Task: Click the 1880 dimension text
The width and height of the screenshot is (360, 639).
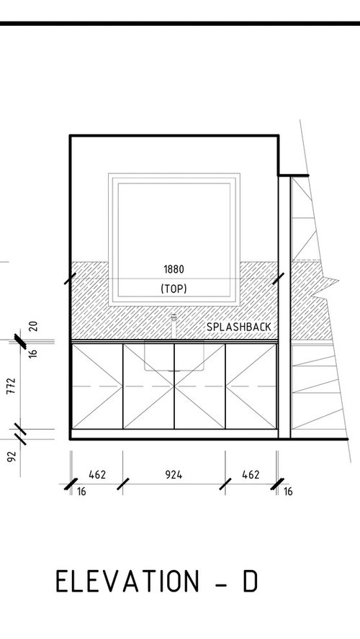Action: pyautogui.click(x=174, y=269)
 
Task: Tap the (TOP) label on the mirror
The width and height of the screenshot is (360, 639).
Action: pyautogui.click(x=174, y=289)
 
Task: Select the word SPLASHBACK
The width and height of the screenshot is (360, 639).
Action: pyautogui.click(x=238, y=327)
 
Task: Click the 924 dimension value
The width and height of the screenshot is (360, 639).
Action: pyautogui.click(x=174, y=475)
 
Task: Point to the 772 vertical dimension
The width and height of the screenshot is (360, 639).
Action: pyautogui.click(x=12, y=386)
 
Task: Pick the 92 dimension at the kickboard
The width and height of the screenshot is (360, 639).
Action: pyautogui.click(x=12, y=456)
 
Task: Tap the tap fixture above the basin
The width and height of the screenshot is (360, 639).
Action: pyautogui.click(x=174, y=326)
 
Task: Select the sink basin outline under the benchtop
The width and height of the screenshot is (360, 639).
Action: pyautogui.click(x=174, y=356)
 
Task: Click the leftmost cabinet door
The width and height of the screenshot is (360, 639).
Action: pyautogui.click(x=97, y=386)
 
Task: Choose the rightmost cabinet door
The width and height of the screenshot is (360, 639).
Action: pyautogui.click(x=251, y=386)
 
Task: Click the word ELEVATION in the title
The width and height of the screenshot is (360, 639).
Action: pyautogui.click(x=127, y=581)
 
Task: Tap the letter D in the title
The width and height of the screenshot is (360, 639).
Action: pyautogui.click(x=251, y=581)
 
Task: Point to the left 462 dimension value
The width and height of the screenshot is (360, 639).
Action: pyautogui.click(x=97, y=475)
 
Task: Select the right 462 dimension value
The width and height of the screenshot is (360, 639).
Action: pyautogui.click(x=251, y=475)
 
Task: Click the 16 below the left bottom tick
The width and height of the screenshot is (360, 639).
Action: pyautogui.click(x=81, y=491)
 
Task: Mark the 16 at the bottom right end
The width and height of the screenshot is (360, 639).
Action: pyautogui.click(x=288, y=491)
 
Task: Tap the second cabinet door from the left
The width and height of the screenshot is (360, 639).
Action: pyautogui.click(x=148, y=386)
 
